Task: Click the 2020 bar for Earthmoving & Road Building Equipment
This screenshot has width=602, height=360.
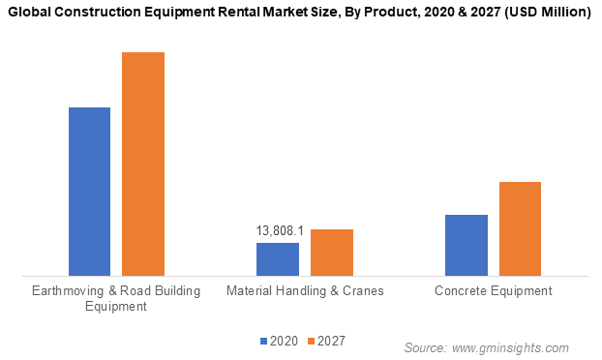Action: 89,192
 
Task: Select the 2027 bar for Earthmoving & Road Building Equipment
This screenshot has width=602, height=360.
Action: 142,164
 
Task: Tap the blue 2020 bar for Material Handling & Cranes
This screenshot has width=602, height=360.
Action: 278,259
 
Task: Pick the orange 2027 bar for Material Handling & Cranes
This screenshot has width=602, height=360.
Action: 331,253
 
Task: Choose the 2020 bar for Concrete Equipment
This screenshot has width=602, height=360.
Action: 467,245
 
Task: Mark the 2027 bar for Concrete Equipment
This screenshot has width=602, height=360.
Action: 520,228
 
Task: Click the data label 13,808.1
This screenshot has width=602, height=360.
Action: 280,231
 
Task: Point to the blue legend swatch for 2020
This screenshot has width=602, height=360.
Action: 262,341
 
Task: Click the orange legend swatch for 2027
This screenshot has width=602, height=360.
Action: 311,341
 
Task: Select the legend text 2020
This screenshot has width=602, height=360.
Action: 284,341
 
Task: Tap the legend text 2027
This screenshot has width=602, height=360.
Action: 331,341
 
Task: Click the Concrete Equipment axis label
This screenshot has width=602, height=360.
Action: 493,290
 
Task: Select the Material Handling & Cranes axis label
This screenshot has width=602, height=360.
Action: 305,290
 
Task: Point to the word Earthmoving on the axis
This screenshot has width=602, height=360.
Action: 67,290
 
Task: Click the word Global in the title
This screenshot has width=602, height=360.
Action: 35,13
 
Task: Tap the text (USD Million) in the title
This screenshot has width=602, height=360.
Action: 542,13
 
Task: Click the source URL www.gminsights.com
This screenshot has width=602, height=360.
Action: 510,347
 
